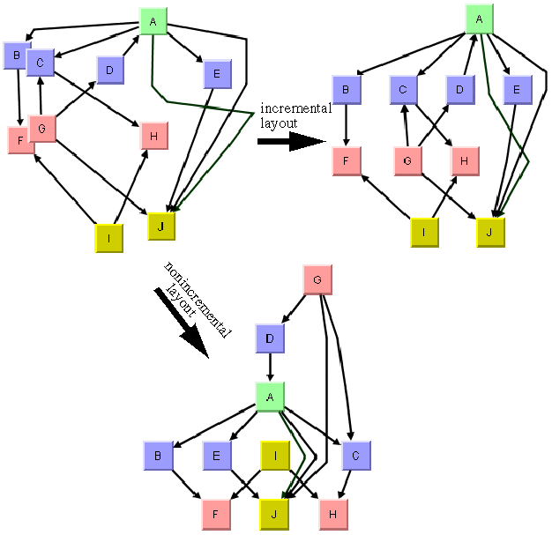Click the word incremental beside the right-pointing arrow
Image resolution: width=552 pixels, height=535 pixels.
coord(295,109)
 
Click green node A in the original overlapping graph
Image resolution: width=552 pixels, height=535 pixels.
coord(153,21)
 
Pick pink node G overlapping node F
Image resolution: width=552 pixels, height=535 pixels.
coord(41,129)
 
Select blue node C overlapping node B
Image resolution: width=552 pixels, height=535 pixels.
coord(40,63)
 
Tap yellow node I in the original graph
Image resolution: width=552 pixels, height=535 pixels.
coord(108,237)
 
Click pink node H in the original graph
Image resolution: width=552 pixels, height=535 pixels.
coord(153,136)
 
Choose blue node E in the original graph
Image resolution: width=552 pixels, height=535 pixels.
coord(216,75)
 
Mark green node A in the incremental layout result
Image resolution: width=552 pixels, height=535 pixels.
coord(480,19)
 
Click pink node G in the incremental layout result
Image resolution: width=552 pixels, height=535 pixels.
coord(407,160)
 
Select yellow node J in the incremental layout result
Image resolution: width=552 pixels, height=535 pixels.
coord(490,231)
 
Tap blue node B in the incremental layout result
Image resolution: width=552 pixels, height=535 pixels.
coord(347,90)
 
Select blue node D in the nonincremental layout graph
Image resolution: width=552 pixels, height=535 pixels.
coord(270,338)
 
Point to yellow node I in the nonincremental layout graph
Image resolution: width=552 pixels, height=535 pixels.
coord(276,456)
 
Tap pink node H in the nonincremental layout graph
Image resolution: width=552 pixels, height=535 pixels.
coord(333,512)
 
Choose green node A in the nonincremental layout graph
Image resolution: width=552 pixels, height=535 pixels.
coord(270,397)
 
